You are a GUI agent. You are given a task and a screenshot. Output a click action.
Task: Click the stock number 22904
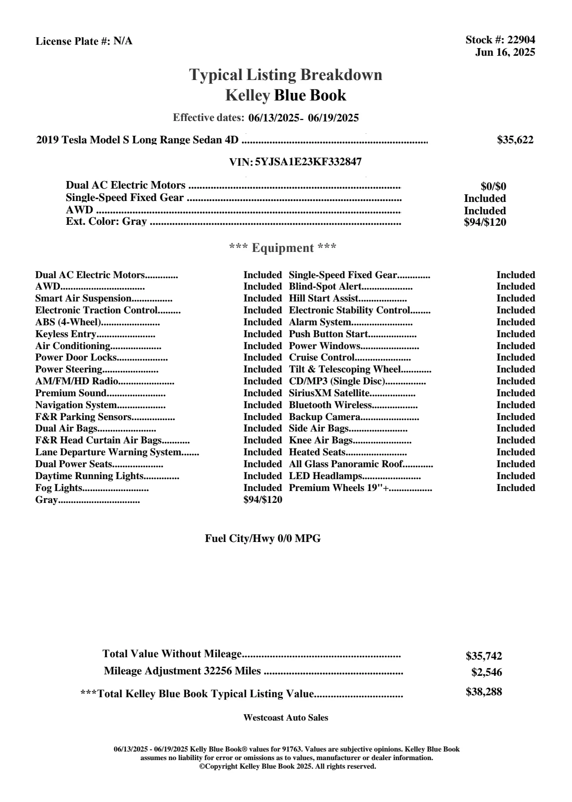pyautogui.click(x=521, y=40)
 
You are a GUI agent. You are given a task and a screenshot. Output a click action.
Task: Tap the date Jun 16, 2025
pyautogui.click(x=505, y=52)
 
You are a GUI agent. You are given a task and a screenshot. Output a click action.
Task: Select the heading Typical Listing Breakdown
pyautogui.click(x=286, y=75)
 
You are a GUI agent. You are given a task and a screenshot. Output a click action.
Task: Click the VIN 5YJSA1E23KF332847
pyautogui.click(x=308, y=162)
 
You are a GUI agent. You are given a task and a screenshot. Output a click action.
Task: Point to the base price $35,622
pyautogui.click(x=515, y=140)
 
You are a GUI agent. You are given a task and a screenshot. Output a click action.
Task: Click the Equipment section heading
pyautogui.click(x=283, y=248)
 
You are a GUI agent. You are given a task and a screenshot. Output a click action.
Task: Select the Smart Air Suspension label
pyautogui.click(x=83, y=299)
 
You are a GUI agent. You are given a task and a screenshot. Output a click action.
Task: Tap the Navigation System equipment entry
pyautogui.click(x=76, y=405)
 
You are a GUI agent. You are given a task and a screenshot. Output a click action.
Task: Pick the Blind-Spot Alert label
pyautogui.click(x=325, y=287)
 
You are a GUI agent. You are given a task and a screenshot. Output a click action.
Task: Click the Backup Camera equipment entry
pyautogui.click(x=325, y=417)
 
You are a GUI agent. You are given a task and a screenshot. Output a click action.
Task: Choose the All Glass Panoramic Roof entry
pyautogui.click(x=346, y=464)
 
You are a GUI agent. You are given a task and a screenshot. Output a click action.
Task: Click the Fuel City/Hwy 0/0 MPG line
pyautogui.click(x=263, y=539)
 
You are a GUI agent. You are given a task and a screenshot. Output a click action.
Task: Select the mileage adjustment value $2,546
pyautogui.click(x=487, y=672)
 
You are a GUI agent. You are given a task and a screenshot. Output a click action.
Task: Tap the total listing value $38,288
pyautogui.click(x=484, y=692)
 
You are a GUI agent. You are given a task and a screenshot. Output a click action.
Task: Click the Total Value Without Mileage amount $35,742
pyautogui.click(x=484, y=656)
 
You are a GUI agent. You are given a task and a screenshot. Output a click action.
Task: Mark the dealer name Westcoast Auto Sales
pyautogui.click(x=286, y=718)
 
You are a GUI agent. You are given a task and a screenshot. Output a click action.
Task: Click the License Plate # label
pyautogui.click(x=73, y=41)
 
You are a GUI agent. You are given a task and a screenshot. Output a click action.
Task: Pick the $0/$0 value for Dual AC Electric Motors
pyautogui.click(x=493, y=187)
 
